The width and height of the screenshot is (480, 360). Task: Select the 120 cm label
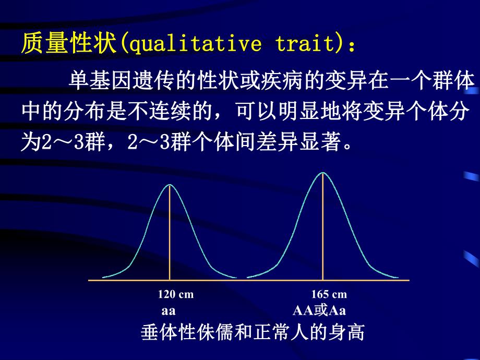(x=175, y=295)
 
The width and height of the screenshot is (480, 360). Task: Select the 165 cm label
(x=329, y=295)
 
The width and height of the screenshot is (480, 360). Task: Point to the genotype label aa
(x=168, y=311)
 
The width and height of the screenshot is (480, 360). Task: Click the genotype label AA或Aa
(x=319, y=311)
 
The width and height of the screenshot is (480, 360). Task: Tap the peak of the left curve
(x=170, y=185)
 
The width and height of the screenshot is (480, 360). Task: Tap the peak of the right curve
(x=323, y=172)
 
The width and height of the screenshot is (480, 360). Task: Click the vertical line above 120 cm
(x=170, y=235)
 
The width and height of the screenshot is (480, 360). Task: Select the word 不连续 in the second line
(x=157, y=112)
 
